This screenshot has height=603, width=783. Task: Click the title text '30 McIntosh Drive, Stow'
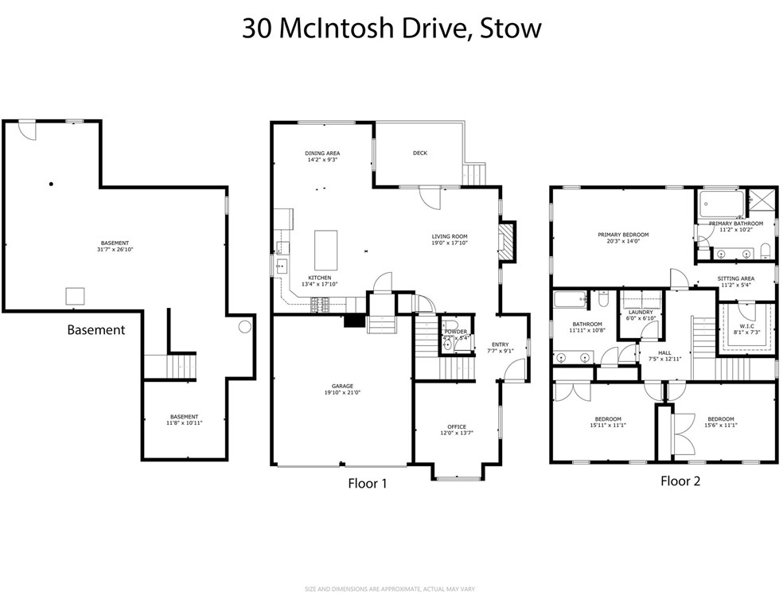tap(391, 29)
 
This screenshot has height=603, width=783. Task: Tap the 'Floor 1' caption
tap(367, 482)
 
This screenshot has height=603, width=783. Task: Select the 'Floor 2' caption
tap(680, 480)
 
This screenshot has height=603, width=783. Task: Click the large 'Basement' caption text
tap(95, 329)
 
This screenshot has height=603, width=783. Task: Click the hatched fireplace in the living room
tap(506, 238)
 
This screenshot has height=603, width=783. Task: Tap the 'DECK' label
tap(419, 153)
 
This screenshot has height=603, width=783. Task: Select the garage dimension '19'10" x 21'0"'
tap(343, 392)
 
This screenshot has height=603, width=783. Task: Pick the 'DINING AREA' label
tap(322, 153)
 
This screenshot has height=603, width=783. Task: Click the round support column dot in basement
tap(51, 185)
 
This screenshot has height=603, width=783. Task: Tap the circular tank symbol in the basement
tap(245, 326)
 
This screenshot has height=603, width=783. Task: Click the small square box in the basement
tap(76, 296)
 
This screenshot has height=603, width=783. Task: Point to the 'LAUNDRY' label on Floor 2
tap(640, 312)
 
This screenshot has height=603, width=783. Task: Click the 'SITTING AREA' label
tap(735, 278)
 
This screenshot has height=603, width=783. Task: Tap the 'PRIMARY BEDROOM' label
tap(623, 235)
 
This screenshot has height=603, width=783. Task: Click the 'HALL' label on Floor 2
tap(664, 352)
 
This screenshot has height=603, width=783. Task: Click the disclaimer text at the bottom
tap(390, 589)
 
